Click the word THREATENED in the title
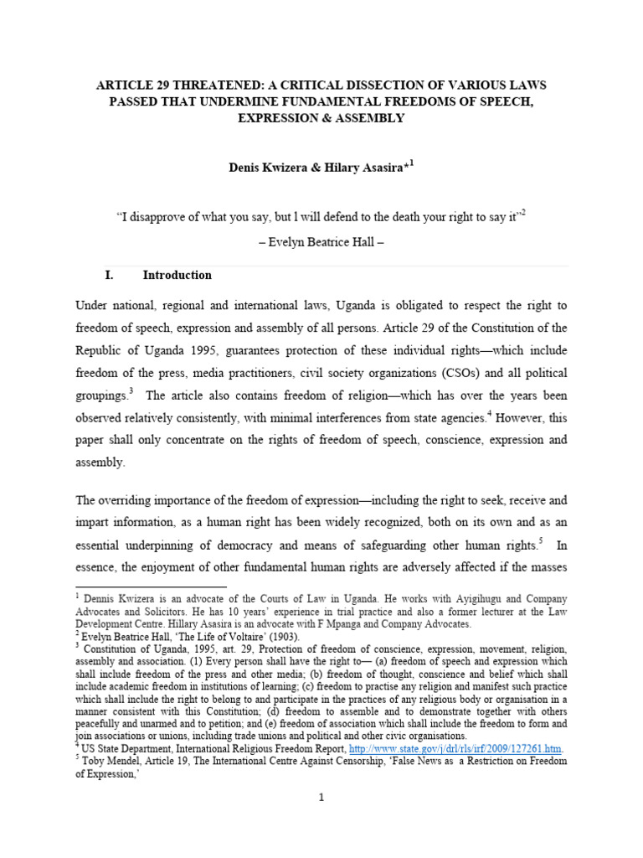(x=186, y=85)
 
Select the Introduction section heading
(x=177, y=275)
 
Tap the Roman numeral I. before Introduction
(x=107, y=275)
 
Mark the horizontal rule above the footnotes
(x=152, y=587)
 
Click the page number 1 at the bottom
(x=321, y=797)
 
